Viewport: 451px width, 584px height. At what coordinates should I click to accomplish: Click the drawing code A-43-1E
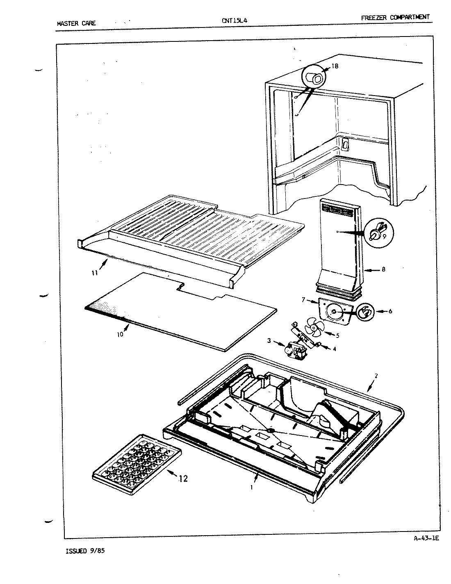(x=426, y=539)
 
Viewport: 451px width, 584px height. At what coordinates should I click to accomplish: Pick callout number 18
(x=335, y=66)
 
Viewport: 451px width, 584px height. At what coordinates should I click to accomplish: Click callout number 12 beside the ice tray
(x=183, y=478)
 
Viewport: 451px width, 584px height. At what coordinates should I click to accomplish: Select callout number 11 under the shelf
(x=95, y=273)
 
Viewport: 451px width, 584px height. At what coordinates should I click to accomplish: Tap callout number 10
(x=120, y=334)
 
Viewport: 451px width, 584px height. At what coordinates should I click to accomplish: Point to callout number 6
(x=390, y=311)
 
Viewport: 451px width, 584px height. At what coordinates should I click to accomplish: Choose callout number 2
(x=376, y=375)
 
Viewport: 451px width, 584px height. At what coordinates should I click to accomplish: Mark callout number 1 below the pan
(x=251, y=488)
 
